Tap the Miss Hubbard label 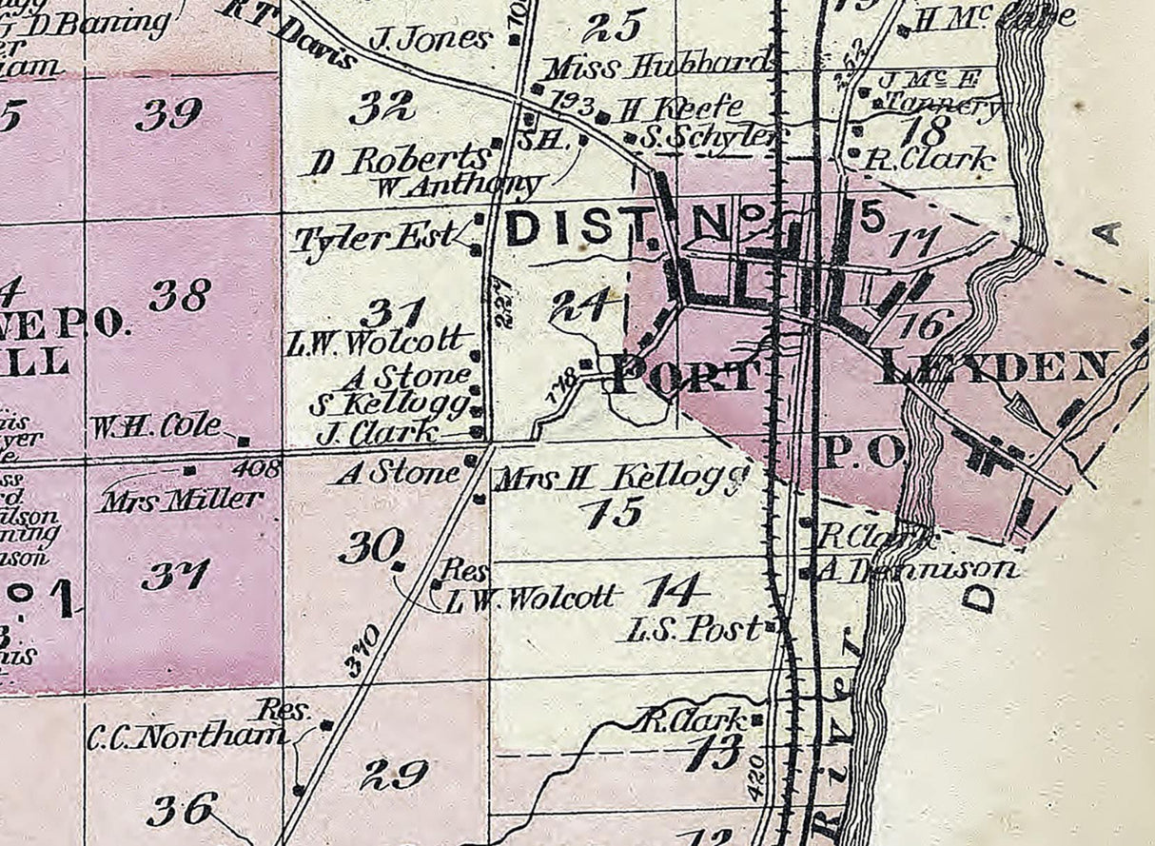pyautogui.click(x=656, y=67)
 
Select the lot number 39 pyautogui.click(x=167, y=115)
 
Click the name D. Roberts pyautogui.click(x=398, y=160)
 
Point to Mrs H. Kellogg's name pyautogui.click(x=617, y=478)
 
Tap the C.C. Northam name pyautogui.click(x=186, y=737)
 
